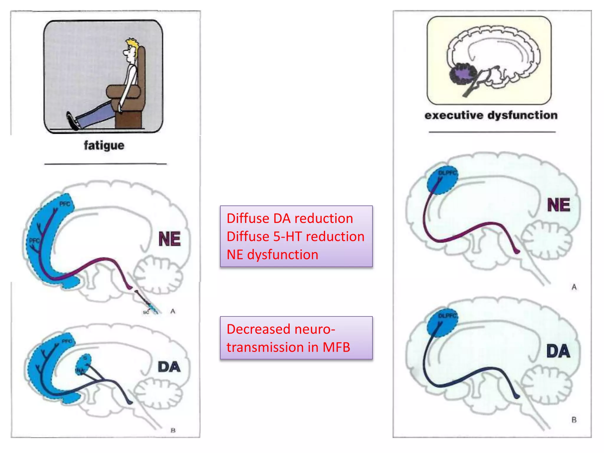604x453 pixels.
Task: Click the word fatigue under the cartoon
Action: (x=104, y=145)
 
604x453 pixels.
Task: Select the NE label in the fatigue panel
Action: (x=169, y=239)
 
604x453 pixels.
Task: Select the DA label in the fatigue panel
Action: (x=169, y=367)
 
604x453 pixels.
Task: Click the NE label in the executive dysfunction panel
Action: (x=558, y=205)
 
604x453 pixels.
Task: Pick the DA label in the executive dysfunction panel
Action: (x=558, y=351)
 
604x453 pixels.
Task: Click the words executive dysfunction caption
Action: (x=491, y=115)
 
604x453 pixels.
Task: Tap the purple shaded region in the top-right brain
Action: (x=462, y=74)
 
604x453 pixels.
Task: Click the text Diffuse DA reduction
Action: (x=290, y=219)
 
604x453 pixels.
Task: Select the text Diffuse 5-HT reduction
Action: (x=295, y=237)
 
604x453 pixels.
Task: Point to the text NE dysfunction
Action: (x=272, y=255)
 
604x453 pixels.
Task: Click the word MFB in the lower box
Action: (x=336, y=347)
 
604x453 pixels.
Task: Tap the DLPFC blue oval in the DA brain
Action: (x=442, y=323)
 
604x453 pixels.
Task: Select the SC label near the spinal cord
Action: (x=146, y=312)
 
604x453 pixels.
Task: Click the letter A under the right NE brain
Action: (x=574, y=287)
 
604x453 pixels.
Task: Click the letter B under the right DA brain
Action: (x=574, y=420)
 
